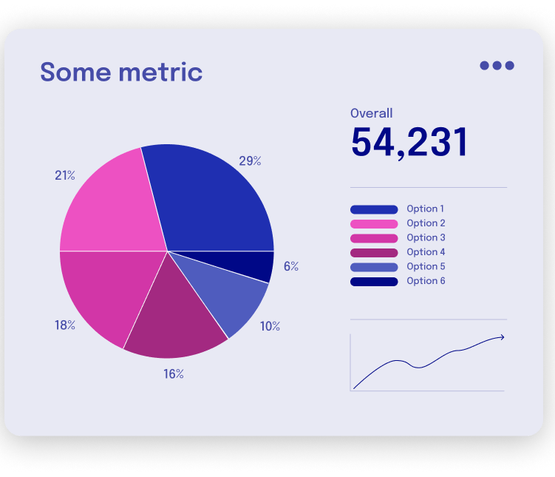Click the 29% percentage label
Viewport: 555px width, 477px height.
coord(250,160)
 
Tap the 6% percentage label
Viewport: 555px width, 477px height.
coord(291,266)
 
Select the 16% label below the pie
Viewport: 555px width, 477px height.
coord(174,374)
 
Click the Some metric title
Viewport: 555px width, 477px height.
coord(121,72)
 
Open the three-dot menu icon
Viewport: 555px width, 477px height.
coord(497,65)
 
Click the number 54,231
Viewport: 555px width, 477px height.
coord(409,143)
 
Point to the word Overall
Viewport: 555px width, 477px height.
coord(371,113)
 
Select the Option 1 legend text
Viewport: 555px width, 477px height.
coord(425,209)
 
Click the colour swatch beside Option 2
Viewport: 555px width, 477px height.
coord(374,224)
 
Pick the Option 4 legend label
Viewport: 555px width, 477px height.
coord(425,252)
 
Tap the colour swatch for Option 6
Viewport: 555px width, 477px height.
coord(374,281)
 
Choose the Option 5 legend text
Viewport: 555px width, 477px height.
coord(425,266)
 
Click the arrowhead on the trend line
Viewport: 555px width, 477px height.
coord(502,337)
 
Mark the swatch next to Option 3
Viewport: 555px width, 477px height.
coord(374,238)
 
